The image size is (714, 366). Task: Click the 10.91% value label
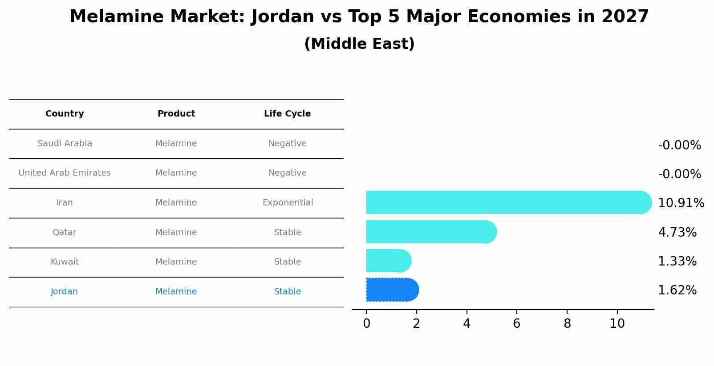pos(681,203)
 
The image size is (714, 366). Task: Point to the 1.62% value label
pos(677,290)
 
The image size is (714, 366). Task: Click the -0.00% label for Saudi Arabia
pos(679,145)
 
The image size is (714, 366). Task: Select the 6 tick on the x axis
pos(517,324)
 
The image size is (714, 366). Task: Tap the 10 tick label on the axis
pos(617,324)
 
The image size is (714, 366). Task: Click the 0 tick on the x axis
pos(366,324)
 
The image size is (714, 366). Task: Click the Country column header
pos(65,114)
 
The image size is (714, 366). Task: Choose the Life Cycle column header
pos(287,114)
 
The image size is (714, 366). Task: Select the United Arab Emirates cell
pos(65,173)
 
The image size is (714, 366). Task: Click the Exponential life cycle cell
pos(288,203)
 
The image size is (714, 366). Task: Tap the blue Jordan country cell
pos(64,292)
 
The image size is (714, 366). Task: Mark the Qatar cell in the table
pos(64,233)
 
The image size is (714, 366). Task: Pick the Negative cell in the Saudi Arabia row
pos(287,144)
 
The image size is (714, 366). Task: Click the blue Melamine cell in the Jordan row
pos(176,292)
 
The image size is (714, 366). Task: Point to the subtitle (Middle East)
pos(359,44)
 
